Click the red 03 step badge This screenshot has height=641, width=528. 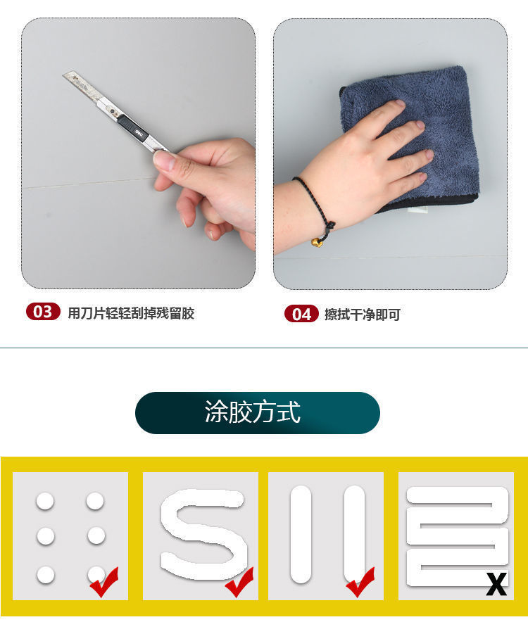coord(43,312)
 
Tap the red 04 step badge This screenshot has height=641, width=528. coord(301,314)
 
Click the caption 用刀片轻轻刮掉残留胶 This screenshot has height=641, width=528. coord(131,314)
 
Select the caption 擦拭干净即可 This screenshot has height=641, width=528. coord(362,315)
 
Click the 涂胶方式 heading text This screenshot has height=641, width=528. coord(253,412)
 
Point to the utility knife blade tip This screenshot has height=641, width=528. coord(65,75)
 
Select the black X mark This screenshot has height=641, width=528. coord(496,584)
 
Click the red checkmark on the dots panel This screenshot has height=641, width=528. coord(103,582)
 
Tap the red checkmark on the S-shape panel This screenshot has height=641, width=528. coord(239,583)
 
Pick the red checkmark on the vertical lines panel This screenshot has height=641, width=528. coord(360,583)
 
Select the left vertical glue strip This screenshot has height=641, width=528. coord(301,534)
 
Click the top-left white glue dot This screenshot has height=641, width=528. coord(45,502)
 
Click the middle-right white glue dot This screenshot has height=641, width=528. coord(96,536)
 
